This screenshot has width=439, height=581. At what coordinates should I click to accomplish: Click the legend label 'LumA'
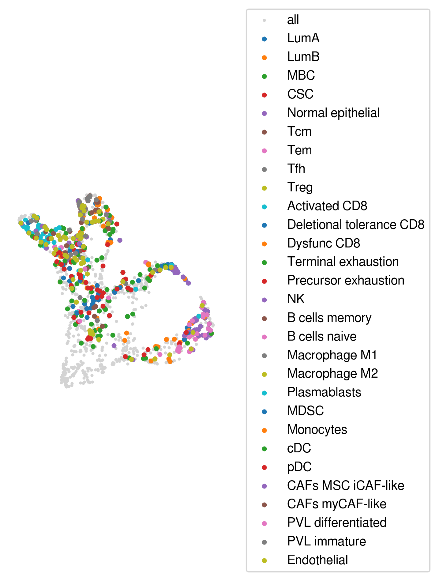click(x=303, y=38)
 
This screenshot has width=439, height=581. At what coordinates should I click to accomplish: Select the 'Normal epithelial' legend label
click(x=333, y=113)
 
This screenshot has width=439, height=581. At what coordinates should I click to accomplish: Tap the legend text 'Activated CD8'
click(x=327, y=206)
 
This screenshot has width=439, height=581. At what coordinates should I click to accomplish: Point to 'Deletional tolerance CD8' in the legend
click(x=356, y=224)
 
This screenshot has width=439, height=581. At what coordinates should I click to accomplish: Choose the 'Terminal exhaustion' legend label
click(x=343, y=262)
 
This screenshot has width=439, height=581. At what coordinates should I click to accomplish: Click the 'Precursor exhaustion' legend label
click(x=346, y=281)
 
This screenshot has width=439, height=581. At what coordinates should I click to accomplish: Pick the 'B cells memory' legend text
click(x=329, y=318)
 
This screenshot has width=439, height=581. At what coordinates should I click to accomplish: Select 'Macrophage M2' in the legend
click(x=332, y=374)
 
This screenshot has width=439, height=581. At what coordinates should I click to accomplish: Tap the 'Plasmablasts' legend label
click(x=324, y=392)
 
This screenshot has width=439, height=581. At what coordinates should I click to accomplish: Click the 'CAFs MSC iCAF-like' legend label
click(x=346, y=485)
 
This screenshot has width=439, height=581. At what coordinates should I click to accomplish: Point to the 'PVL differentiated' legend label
click(x=337, y=523)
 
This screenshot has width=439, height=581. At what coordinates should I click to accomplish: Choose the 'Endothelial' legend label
click(x=317, y=560)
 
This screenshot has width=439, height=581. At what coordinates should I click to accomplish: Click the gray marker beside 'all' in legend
click(x=264, y=21)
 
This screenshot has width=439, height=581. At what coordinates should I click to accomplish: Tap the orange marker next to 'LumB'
click(x=264, y=58)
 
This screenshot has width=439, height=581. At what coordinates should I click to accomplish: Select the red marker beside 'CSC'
click(x=264, y=95)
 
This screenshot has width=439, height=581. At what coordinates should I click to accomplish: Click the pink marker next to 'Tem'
click(x=264, y=151)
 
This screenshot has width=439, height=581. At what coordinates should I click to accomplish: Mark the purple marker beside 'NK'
click(x=264, y=300)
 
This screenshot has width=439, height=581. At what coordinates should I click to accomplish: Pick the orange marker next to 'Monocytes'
click(x=264, y=430)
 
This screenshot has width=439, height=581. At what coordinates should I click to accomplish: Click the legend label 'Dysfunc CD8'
click(x=324, y=243)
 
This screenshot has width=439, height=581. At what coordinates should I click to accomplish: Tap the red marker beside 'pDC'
click(x=264, y=467)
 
